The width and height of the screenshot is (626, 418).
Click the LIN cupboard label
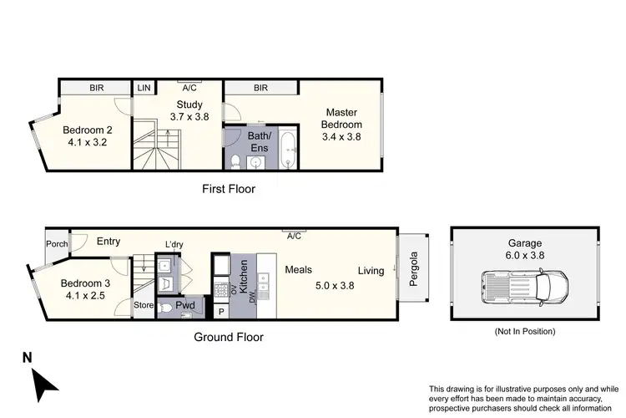click(144, 86)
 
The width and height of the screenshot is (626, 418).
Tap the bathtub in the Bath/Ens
click(288, 150)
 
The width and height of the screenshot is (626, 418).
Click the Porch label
click(56, 245)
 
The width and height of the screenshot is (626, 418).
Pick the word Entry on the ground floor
click(109, 242)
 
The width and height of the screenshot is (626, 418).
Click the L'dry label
click(174, 244)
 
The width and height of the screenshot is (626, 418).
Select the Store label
click(144, 306)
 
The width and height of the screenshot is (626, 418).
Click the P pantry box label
click(221, 311)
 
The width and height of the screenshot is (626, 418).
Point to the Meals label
click(298, 270)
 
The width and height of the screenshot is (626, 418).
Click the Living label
click(371, 270)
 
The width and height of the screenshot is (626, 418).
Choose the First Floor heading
click(229, 189)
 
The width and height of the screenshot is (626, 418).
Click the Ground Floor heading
click(229, 338)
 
